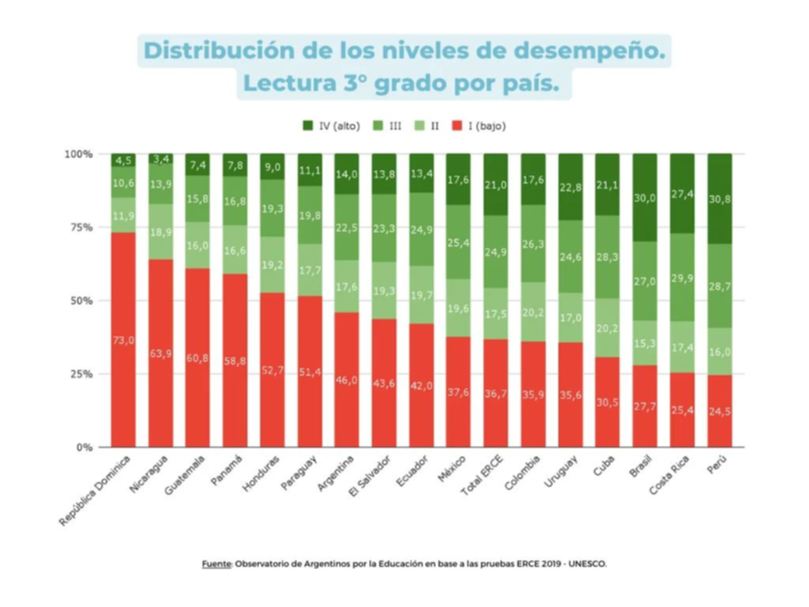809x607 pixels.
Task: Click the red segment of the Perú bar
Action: (719, 411)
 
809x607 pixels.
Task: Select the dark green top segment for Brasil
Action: (645, 198)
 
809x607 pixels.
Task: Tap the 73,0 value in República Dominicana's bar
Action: (123, 340)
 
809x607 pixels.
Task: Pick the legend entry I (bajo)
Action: (481, 126)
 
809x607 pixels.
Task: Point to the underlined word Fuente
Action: (216, 564)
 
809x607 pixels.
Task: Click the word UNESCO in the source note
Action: (588, 564)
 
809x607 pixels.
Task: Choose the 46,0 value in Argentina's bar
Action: (347, 380)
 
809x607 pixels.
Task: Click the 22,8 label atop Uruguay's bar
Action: (570, 187)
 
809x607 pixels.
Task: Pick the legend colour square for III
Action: (378, 126)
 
